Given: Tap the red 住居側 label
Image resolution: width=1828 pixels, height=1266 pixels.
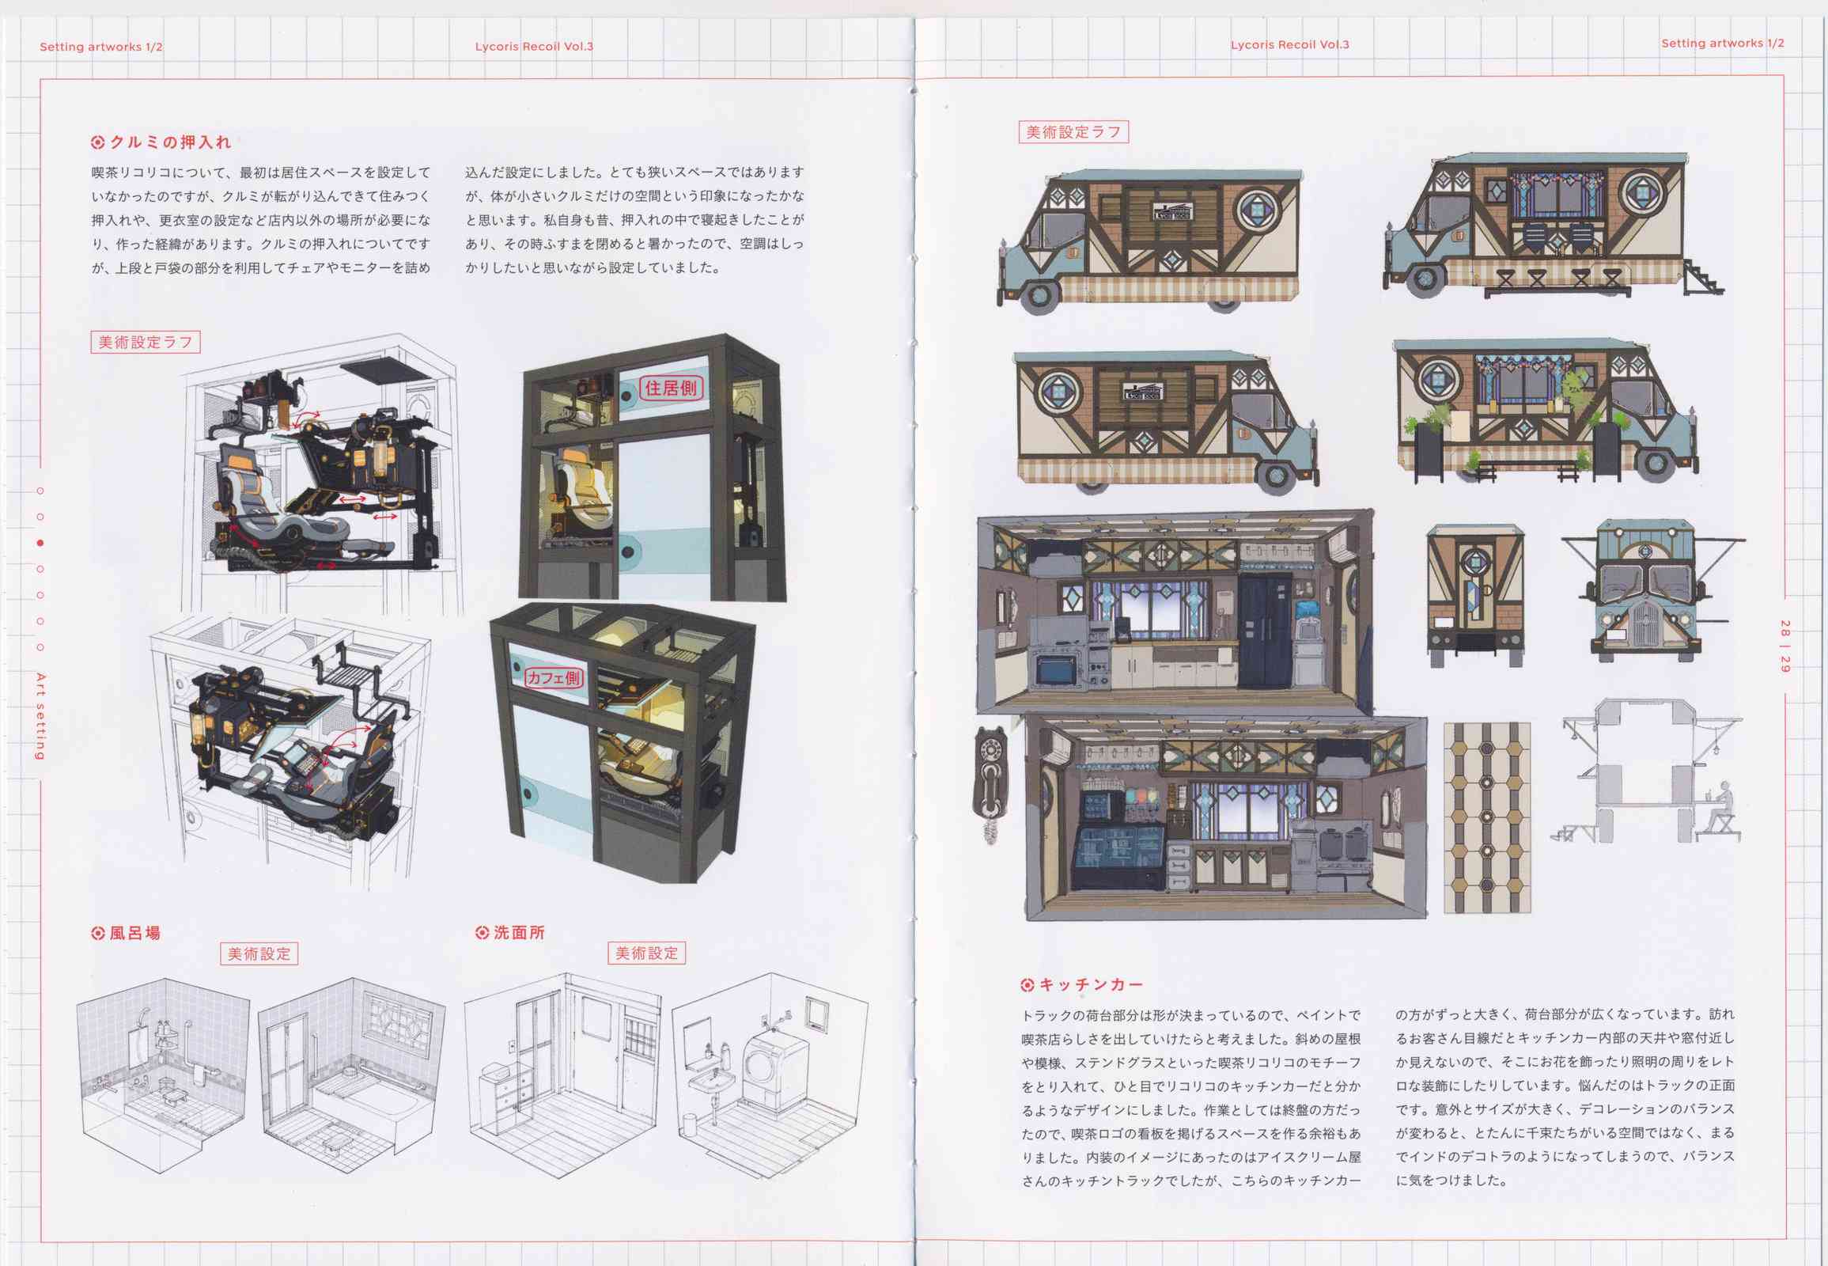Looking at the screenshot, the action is (x=671, y=388).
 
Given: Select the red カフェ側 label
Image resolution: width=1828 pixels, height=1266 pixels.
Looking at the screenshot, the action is (x=554, y=677).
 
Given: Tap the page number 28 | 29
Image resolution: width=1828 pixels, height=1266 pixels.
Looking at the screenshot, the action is (x=1784, y=646).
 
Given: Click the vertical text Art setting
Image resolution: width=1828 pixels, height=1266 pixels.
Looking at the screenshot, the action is (x=40, y=716).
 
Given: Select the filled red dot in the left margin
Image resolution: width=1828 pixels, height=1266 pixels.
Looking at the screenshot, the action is (x=40, y=544).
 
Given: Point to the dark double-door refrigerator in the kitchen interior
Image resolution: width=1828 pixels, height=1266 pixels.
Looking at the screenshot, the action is (x=1266, y=631).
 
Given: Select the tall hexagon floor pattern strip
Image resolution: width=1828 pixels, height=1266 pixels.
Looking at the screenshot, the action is (x=1487, y=817).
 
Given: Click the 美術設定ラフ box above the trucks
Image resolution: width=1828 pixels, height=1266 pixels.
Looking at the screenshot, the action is (x=1073, y=131).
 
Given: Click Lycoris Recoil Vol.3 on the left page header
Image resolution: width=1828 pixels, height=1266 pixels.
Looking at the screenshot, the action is (x=534, y=46).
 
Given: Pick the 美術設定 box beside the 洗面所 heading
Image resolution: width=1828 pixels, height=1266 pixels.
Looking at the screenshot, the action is (x=646, y=953).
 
